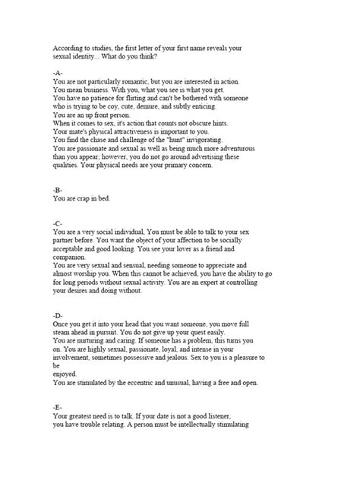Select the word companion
pyautogui.click(x=74, y=256)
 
